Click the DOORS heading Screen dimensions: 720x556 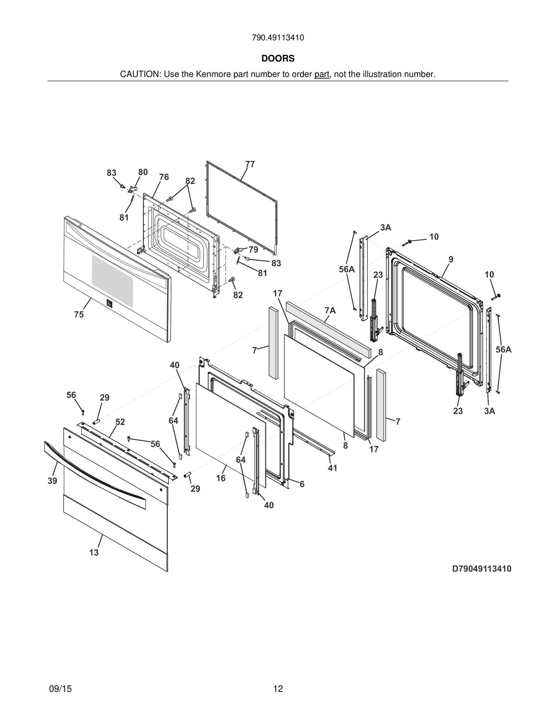(x=278, y=58)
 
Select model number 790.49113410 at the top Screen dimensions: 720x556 (x=278, y=38)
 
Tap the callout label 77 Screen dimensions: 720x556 (x=250, y=164)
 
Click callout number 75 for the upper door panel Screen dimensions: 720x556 (x=79, y=315)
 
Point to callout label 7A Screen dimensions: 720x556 (x=330, y=310)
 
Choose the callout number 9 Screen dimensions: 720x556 (x=451, y=259)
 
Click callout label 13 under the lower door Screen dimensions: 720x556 (x=94, y=552)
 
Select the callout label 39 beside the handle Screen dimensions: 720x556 (x=52, y=481)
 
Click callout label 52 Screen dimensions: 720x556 (x=120, y=422)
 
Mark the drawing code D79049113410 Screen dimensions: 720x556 (x=482, y=569)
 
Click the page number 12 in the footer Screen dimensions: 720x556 (x=278, y=689)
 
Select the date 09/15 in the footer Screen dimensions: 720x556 (x=60, y=689)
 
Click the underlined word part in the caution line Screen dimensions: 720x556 (x=322, y=75)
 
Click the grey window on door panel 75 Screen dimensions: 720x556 (x=113, y=281)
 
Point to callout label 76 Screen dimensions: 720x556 (x=164, y=177)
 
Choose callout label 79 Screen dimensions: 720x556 (x=253, y=250)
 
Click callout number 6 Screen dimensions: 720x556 (x=302, y=484)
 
